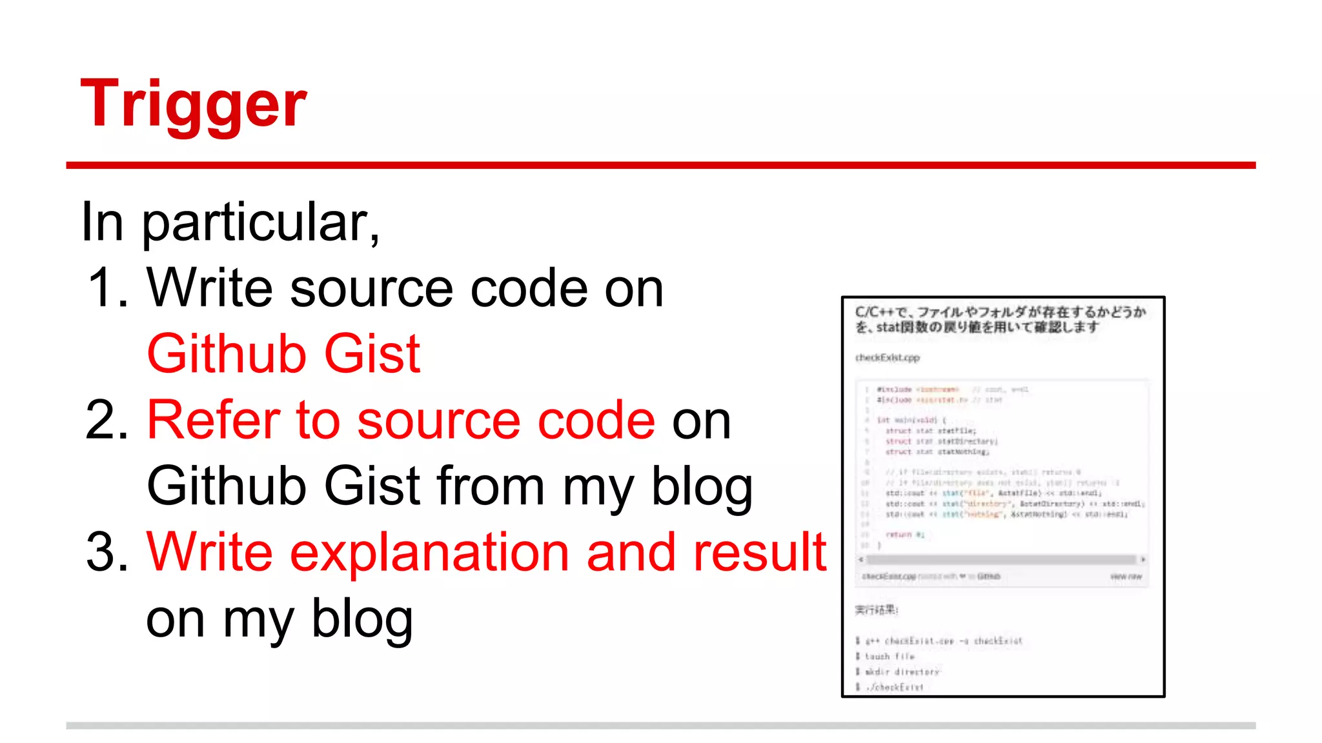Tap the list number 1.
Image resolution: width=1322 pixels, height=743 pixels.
pyautogui.click(x=107, y=288)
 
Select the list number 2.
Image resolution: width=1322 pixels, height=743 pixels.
pyautogui.click(x=107, y=420)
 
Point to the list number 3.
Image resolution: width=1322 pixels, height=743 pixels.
pyautogui.click(x=107, y=552)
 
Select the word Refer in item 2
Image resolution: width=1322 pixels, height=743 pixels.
pyautogui.click(x=213, y=420)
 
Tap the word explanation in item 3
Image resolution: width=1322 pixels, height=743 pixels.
pyautogui.click(x=429, y=552)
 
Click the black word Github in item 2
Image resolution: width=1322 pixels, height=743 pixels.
pyautogui.click(x=227, y=486)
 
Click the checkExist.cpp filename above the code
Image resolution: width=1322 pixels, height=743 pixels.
pyautogui.click(x=887, y=357)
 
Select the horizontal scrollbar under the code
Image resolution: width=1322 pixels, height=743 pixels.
pyautogui.click(x=1001, y=559)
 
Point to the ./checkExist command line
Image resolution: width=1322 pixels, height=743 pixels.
pyautogui.click(x=894, y=688)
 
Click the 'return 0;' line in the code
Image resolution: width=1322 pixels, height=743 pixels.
pyautogui.click(x=904, y=535)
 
